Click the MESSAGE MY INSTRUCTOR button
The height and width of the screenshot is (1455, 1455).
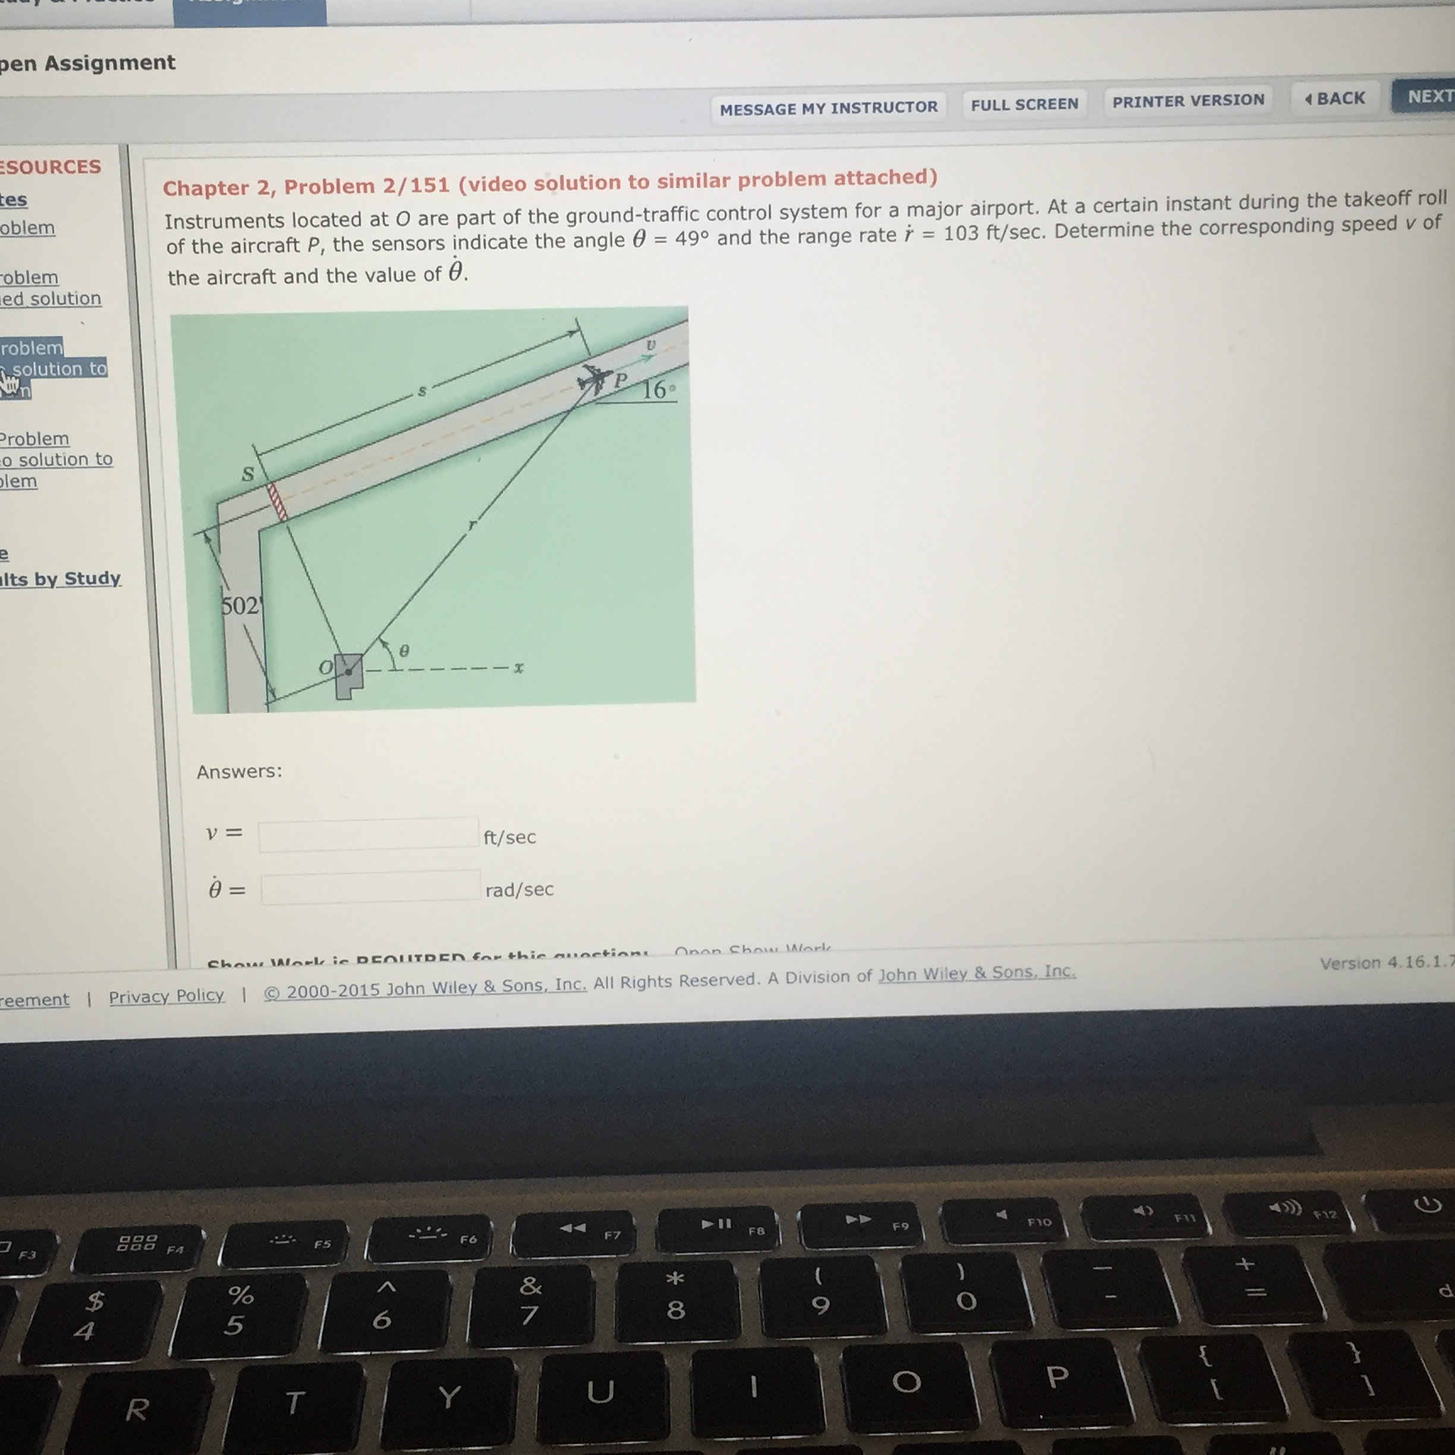click(829, 108)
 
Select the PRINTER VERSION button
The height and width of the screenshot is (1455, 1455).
click(1188, 101)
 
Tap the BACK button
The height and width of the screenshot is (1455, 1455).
click(1336, 99)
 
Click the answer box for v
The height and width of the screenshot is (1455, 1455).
click(369, 834)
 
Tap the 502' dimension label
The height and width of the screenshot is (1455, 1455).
click(240, 606)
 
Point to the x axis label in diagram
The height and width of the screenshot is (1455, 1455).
click(518, 668)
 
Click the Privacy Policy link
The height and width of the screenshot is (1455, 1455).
click(166, 996)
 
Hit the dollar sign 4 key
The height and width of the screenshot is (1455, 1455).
click(89, 1315)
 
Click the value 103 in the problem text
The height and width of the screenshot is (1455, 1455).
click(960, 233)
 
